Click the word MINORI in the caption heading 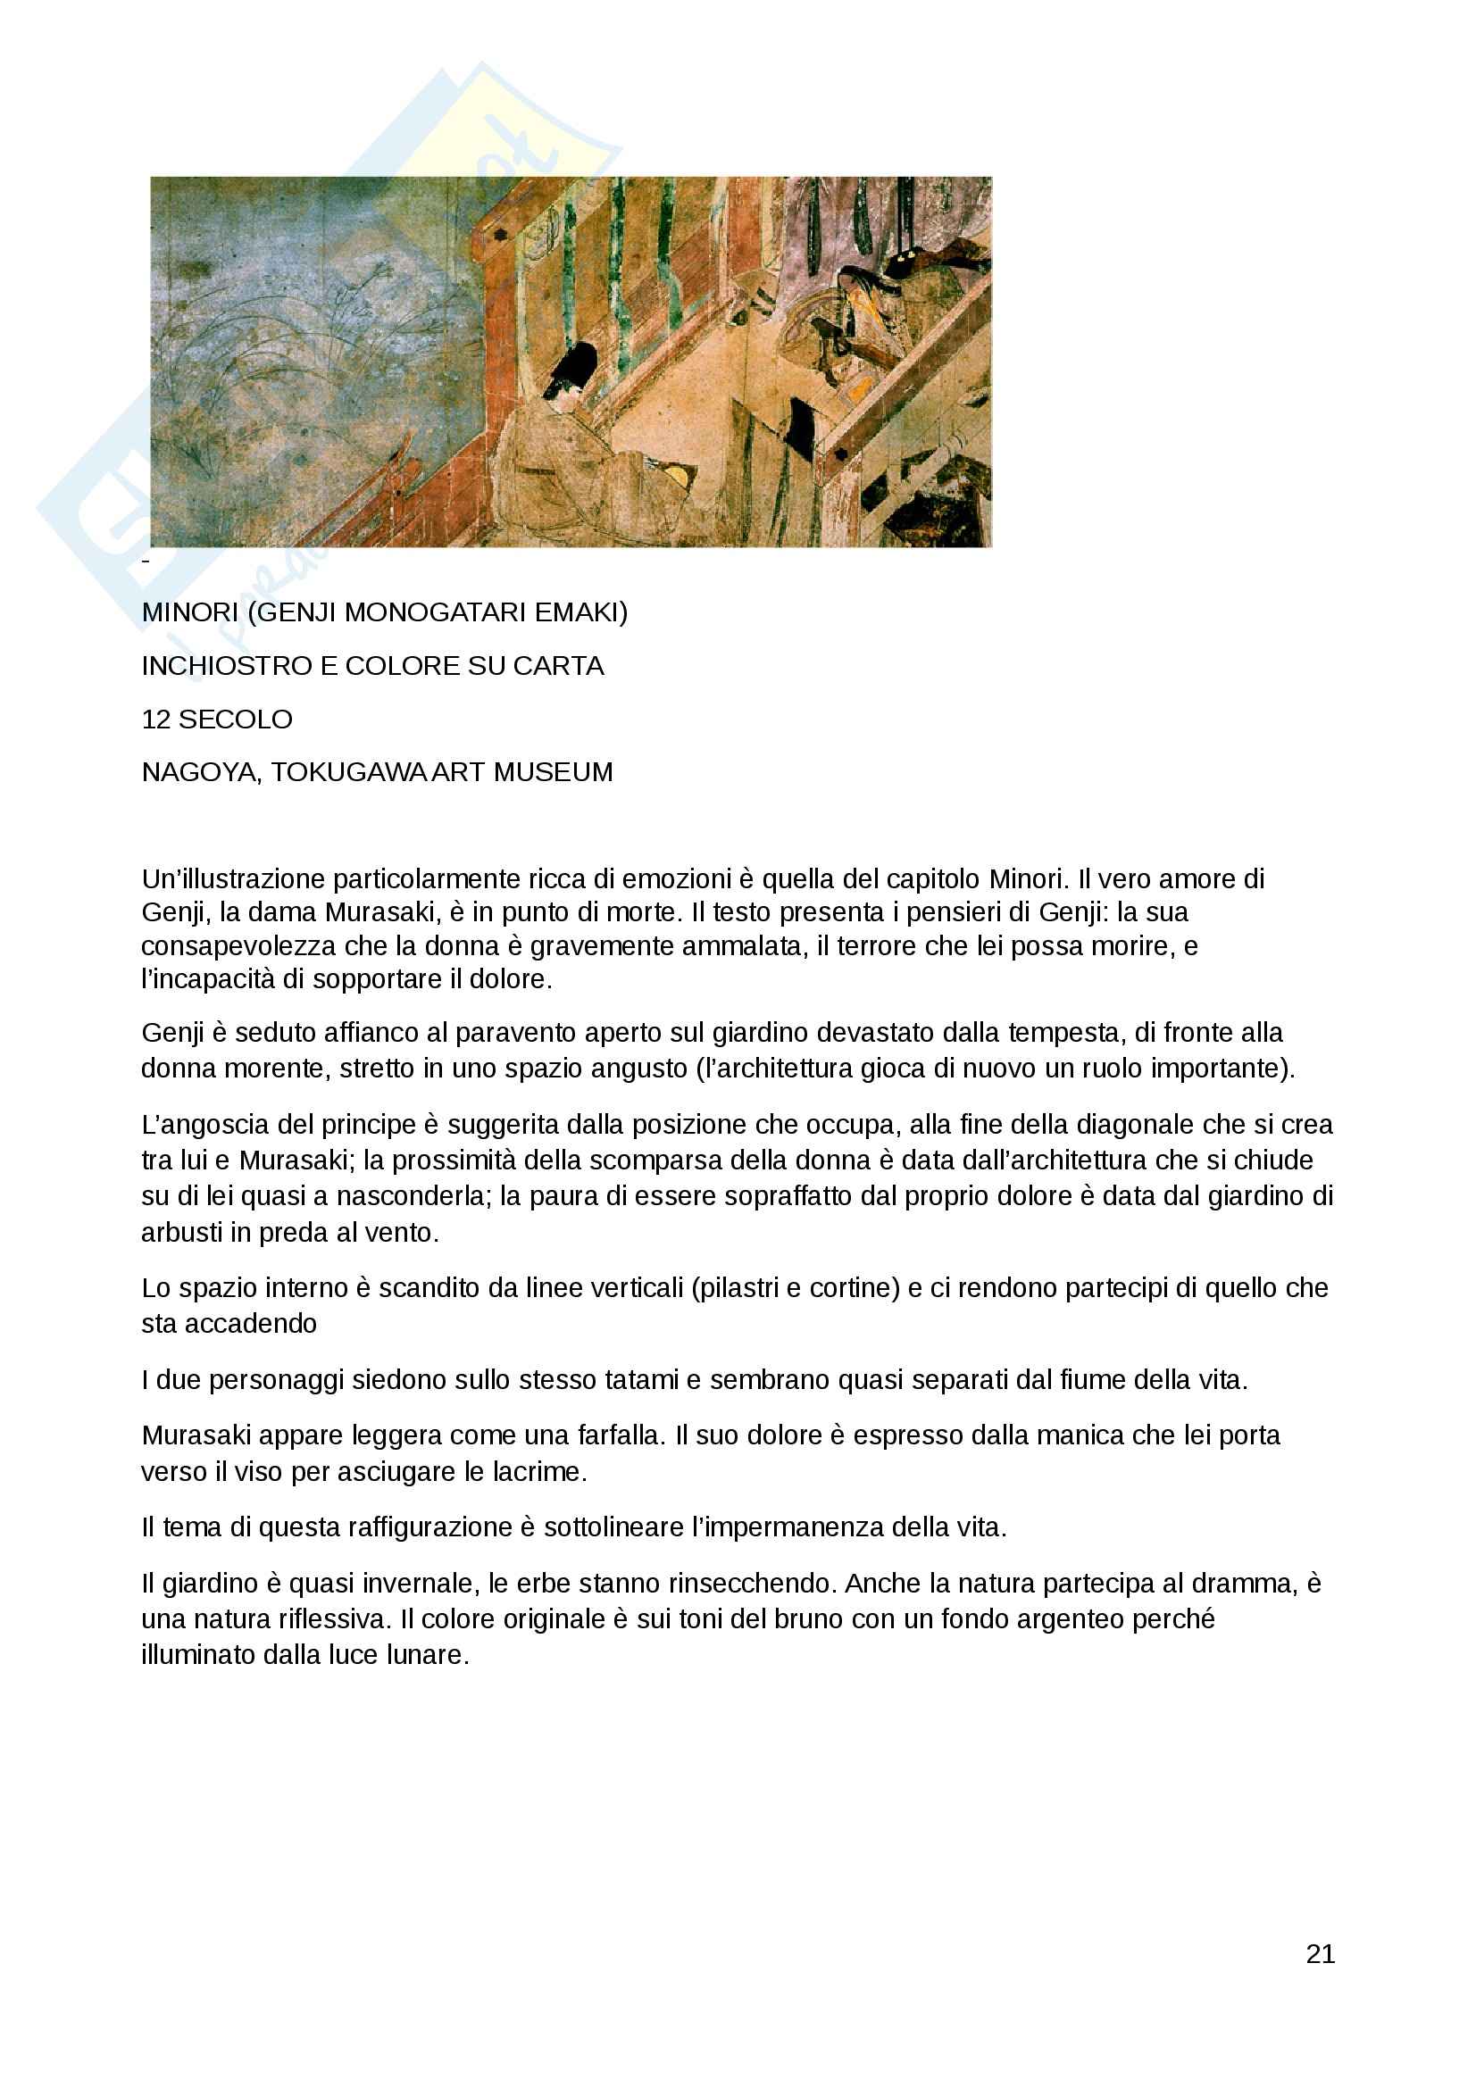tap(189, 612)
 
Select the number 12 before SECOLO tap(155, 720)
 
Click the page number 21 tap(1320, 1953)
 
